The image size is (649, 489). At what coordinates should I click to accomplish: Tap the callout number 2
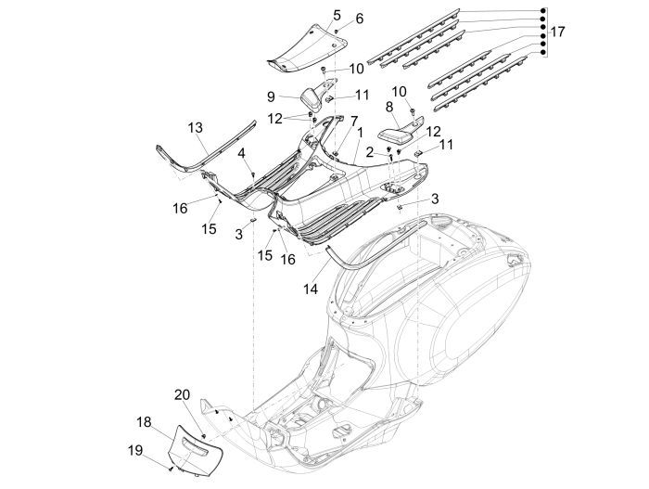tap(368, 150)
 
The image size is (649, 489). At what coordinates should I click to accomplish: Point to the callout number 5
tap(311, 16)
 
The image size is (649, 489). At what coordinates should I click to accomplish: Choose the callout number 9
tap(271, 96)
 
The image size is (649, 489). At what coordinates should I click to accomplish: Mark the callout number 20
tap(183, 393)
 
